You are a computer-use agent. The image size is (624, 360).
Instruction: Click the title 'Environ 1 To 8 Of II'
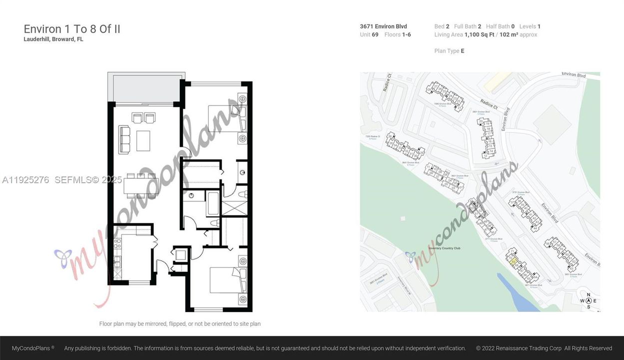72,29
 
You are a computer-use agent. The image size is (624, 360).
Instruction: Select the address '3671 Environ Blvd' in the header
383,26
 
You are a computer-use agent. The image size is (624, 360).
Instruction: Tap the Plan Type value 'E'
462,51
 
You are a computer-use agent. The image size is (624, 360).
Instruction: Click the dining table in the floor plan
141,185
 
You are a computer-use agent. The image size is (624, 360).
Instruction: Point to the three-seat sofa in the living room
124,138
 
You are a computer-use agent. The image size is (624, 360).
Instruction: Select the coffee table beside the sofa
143,140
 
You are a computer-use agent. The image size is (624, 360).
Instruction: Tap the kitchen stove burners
117,245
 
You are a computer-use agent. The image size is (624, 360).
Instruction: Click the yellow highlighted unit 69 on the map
513,261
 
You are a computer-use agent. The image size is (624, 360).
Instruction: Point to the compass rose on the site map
588,300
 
